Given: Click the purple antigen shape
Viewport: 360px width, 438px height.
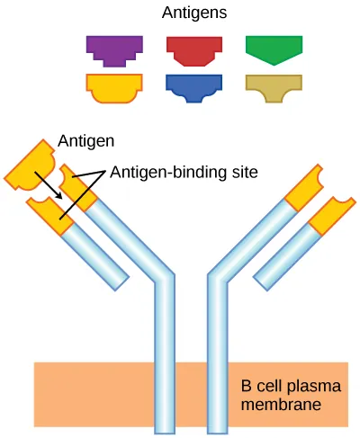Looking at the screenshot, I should pyautogui.click(x=113, y=49).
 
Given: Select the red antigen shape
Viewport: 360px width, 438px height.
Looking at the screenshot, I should pyautogui.click(x=194, y=49).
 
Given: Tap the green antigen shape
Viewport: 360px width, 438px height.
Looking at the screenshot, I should pyautogui.click(x=274, y=49).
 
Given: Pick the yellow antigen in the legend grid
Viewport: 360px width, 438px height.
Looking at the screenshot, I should pyautogui.click(x=113, y=86).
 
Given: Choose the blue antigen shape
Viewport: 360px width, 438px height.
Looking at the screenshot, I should pyautogui.click(x=194, y=86).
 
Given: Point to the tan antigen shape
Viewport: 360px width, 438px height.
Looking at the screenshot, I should pyautogui.click(x=274, y=85).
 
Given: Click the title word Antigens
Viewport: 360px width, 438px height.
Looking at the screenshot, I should pyautogui.click(x=193, y=13).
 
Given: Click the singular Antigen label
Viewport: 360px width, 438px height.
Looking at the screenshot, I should pyautogui.click(x=86, y=141).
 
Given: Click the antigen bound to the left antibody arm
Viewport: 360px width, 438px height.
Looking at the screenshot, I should pyautogui.click(x=32, y=165).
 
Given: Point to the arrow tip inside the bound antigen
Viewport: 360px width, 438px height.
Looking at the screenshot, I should pyautogui.click(x=58, y=198).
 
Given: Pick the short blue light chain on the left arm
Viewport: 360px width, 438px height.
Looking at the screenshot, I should pyautogui.click(x=97, y=261).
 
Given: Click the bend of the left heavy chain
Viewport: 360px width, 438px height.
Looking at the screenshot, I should pyautogui.click(x=163, y=278).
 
